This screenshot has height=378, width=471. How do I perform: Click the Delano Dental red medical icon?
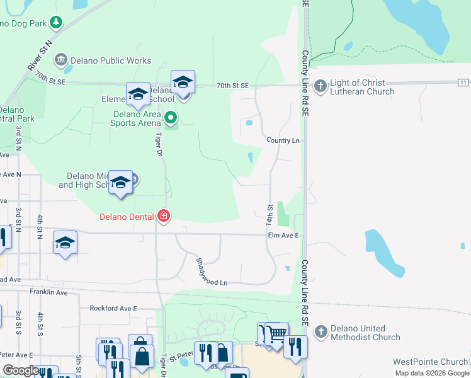164,217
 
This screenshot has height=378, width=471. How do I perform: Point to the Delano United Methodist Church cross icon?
321,331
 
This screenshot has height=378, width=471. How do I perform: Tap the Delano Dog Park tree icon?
56,23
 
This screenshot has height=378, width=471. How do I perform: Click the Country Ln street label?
283,140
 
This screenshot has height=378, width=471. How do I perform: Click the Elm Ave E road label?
283,236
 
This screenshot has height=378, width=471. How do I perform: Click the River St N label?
39,56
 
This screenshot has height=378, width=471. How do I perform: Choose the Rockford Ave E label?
113,308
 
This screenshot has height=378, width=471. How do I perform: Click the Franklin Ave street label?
48,292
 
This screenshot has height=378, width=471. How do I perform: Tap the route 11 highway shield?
463,83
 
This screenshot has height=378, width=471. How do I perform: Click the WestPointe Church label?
430,362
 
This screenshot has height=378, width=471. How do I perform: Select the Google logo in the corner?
21,370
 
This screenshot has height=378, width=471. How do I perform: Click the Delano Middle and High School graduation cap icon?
120,182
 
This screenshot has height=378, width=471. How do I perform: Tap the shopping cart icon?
276,334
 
